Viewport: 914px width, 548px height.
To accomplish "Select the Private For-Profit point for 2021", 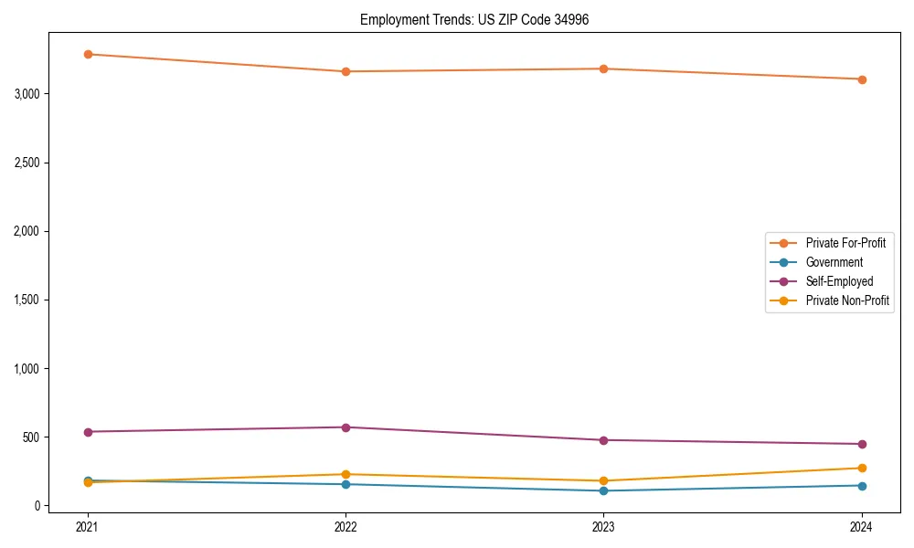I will point(88,54).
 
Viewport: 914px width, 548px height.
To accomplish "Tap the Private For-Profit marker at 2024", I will point(862,79).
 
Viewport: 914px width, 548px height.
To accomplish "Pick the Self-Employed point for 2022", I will point(345,427).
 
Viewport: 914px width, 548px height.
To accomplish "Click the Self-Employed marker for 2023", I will point(604,440).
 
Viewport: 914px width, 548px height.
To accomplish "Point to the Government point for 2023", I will point(604,490).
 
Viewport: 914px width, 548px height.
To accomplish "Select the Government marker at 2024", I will point(862,485).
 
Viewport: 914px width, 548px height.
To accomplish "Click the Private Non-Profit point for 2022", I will point(345,474).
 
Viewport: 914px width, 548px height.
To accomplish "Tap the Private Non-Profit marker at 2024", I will point(862,468).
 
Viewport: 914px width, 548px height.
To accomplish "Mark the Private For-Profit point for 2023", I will point(604,68).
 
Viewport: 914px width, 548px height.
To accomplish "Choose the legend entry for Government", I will point(834,262).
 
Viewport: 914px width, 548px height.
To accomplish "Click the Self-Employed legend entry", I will point(839,281).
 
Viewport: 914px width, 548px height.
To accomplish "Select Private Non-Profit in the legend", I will point(847,300).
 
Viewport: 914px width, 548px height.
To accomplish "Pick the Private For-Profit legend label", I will point(845,243).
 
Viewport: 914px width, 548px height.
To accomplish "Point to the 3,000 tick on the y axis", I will point(27,94).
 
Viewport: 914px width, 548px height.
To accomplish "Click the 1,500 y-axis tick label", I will point(27,300).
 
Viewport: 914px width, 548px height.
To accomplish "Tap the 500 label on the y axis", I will point(31,437).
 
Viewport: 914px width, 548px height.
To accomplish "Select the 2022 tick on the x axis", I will point(345,526).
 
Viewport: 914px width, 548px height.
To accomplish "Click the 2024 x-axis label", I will point(862,526).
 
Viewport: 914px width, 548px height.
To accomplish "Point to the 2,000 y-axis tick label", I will point(27,231).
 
